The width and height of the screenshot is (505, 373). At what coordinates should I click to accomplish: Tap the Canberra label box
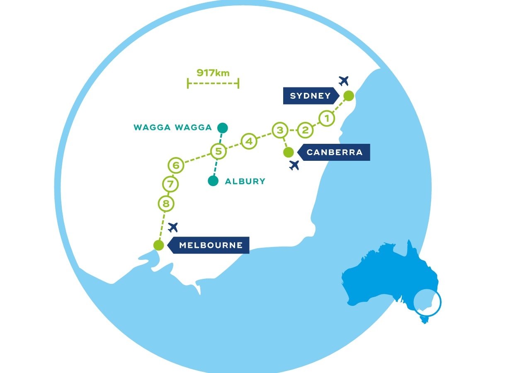(334, 152)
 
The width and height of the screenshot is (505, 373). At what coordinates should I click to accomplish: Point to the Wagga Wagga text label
(172, 128)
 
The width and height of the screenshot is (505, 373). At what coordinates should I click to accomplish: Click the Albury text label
(245, 181)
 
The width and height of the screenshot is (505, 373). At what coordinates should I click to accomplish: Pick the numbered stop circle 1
(327, 119)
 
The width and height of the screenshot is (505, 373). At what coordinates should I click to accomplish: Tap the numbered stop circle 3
(280, 130)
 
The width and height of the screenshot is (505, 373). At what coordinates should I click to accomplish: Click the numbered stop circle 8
(166, 203)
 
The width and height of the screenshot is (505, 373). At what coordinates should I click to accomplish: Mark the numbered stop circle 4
(249, 141)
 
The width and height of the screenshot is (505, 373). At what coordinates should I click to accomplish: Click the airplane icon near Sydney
(343, 80)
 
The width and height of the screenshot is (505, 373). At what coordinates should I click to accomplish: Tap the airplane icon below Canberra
(294, 165)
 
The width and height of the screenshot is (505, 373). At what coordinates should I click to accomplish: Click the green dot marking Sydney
(349, 96)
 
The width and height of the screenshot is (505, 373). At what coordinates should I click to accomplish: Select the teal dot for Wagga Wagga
(223, 127)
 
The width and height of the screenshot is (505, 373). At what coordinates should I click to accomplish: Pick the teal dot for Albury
(213, 181)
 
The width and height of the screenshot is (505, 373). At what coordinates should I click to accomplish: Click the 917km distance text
(213, 73)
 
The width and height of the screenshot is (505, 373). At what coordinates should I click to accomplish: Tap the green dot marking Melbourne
(158, 245)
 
